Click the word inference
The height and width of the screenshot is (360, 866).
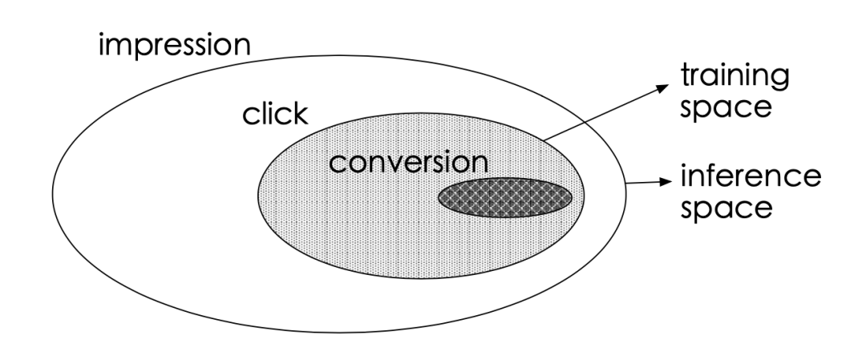click(x=749, y=176)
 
